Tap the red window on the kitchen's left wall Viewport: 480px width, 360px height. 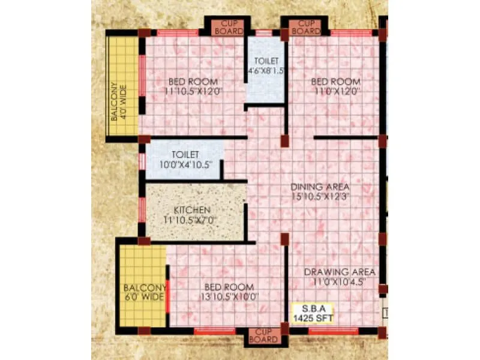click(x=142, y=209)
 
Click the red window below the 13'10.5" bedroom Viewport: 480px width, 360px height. click(x=215, y=331)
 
